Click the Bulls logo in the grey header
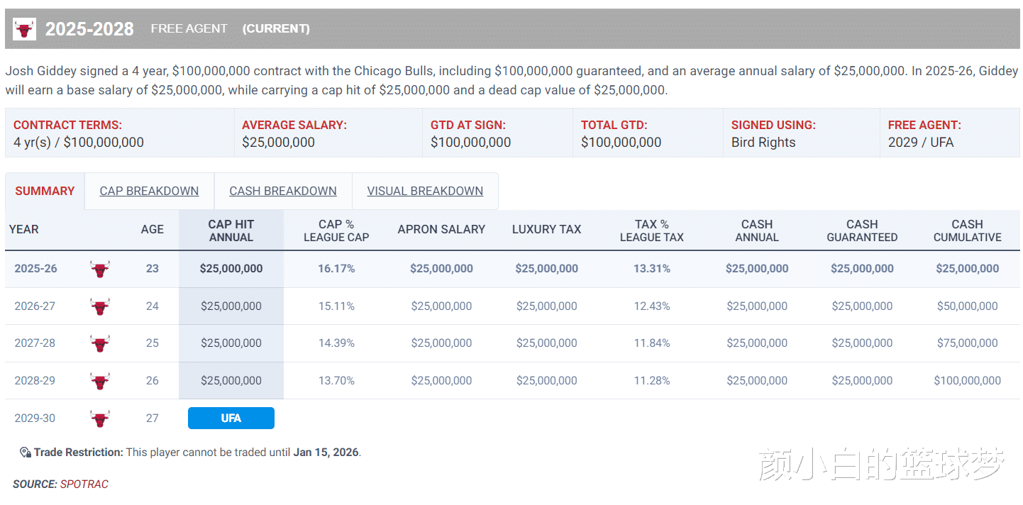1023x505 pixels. (25, 29)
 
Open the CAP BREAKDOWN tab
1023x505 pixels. (149, 191)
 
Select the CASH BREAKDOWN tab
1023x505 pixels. (283, 191)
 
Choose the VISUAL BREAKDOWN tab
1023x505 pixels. (425, 191)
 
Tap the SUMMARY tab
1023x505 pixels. (45, 191)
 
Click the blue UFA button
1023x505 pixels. (231, 418)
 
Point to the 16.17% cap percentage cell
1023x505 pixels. (336, 269)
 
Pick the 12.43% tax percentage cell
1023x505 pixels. (651, 306)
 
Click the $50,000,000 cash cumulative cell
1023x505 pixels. (967, 306)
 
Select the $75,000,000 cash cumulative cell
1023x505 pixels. (967, 343)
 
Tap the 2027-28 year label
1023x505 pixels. (35, 343)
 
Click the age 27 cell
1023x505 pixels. (153, 418)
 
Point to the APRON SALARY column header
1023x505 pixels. (441, 230)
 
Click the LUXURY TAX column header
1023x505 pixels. (546, 230)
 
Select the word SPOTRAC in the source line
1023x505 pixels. (84, 484)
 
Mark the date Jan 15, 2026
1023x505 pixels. (326, 453)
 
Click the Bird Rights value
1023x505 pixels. (763, 143)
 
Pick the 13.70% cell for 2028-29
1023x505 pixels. (336, 381)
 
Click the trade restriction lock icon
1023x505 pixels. (25, 453)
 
